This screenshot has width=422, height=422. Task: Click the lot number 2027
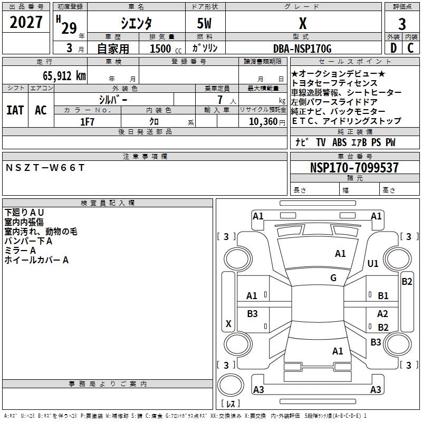pyautogui.click(x=26, y=22)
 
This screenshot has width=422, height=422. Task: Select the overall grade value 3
pyautogui.click(x=402, y=24)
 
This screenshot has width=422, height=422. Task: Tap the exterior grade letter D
pyautogui.click(x=394, y=48)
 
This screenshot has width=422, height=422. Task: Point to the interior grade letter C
pyautogui.click(x=410, y=48)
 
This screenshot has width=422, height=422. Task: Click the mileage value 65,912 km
pyautogui.click(x=64, y=75)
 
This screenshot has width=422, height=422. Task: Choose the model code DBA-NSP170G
pyautogui.click(x=302, y=49)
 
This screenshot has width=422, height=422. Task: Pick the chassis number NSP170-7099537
pyautogui.click(x=354, y=167)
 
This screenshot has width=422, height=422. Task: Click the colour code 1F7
pyautogui.click(x=87, y=122)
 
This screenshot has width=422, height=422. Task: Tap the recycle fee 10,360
pyautogui.click(x=263, y=122)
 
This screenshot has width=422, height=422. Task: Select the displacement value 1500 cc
pyautogui.click(x=166, y=49)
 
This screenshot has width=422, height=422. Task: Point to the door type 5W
pyautogui.click(x=204, y=23)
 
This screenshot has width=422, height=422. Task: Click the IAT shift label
pyautogui.click(x=15, y=110)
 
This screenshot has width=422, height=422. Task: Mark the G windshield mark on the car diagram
pyautogui.click(x=333, y=278)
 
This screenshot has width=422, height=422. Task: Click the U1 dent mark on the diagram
pyautogui.click(x=373, y=264)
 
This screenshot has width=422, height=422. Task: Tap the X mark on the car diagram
pyautogui.click(x=228, y=324)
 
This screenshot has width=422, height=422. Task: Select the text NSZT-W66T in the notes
pyautogui.click(x=45, y=168)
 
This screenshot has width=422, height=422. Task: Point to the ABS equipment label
pyautogui.click(x=339, y=142)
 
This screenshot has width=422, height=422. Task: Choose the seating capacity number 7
pyautogui.click(x=220, y=100)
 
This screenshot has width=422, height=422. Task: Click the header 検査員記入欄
pyautogui.click(x=108, y=203)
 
